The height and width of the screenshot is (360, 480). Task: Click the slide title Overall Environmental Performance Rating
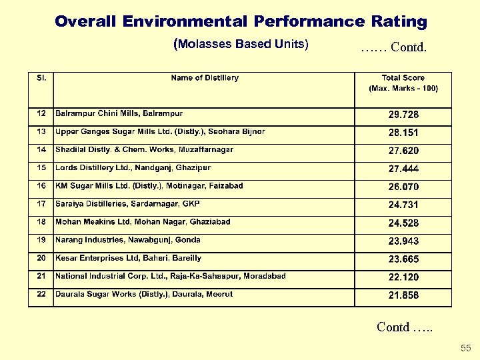241,21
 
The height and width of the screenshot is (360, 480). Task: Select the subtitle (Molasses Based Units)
241,45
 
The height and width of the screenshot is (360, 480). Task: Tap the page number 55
465,348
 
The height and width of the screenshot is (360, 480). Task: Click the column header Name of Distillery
205,78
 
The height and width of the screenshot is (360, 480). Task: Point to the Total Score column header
403,83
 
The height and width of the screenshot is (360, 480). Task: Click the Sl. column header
41,78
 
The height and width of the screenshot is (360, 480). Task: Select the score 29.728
403,115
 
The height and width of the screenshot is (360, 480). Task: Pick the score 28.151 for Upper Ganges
403,133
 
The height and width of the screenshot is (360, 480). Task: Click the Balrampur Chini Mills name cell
119,113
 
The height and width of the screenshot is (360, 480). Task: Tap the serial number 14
41,150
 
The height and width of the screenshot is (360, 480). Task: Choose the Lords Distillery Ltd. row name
133,168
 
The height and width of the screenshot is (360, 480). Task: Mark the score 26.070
403,187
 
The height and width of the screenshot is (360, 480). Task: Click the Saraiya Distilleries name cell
127,204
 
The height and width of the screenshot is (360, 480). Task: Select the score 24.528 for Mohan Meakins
403,223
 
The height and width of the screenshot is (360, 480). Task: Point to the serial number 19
41,240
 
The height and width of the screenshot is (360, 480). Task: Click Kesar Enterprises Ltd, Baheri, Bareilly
128,258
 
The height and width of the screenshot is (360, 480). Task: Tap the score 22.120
403,277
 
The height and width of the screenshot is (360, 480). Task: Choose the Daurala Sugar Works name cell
144,294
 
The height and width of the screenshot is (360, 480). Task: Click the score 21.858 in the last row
403,295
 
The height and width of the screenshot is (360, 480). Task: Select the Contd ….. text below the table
404,327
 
